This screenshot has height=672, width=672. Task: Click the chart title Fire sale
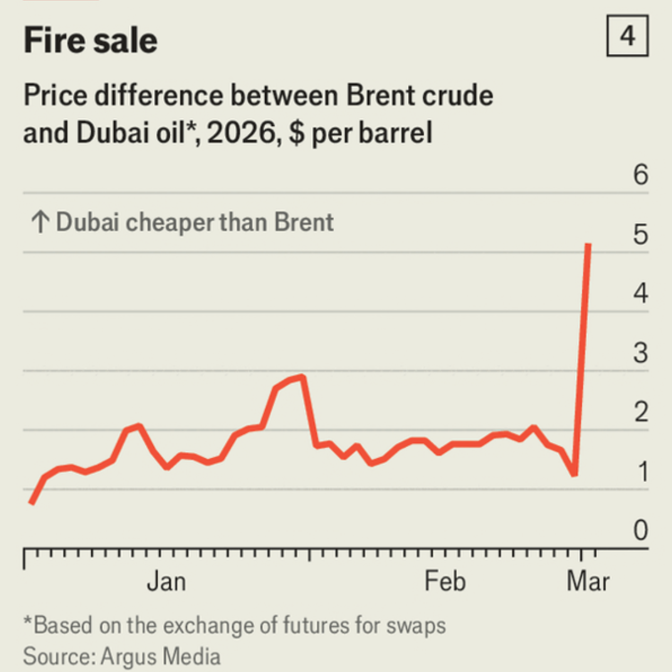point(90,41)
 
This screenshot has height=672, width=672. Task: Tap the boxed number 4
point(627,38)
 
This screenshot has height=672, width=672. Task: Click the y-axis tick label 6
point(640,176)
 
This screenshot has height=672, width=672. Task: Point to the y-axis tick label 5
point(640,234)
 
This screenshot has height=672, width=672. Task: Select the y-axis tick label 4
point(640,294)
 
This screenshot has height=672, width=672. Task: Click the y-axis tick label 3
point(640,354)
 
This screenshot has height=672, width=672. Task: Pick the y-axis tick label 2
point(640,412)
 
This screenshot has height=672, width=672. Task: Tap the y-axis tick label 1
point(640,472)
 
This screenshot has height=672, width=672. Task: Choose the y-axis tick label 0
point(640,531)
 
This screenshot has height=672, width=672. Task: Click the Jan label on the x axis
point(166,582)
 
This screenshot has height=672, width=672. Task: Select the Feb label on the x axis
point(445,582)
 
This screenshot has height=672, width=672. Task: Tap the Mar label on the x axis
point(587,582)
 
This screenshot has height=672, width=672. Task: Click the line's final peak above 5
point(587,245)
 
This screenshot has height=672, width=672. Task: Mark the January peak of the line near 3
point(303,377)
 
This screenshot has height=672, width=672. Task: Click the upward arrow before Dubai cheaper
point(39,223)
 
